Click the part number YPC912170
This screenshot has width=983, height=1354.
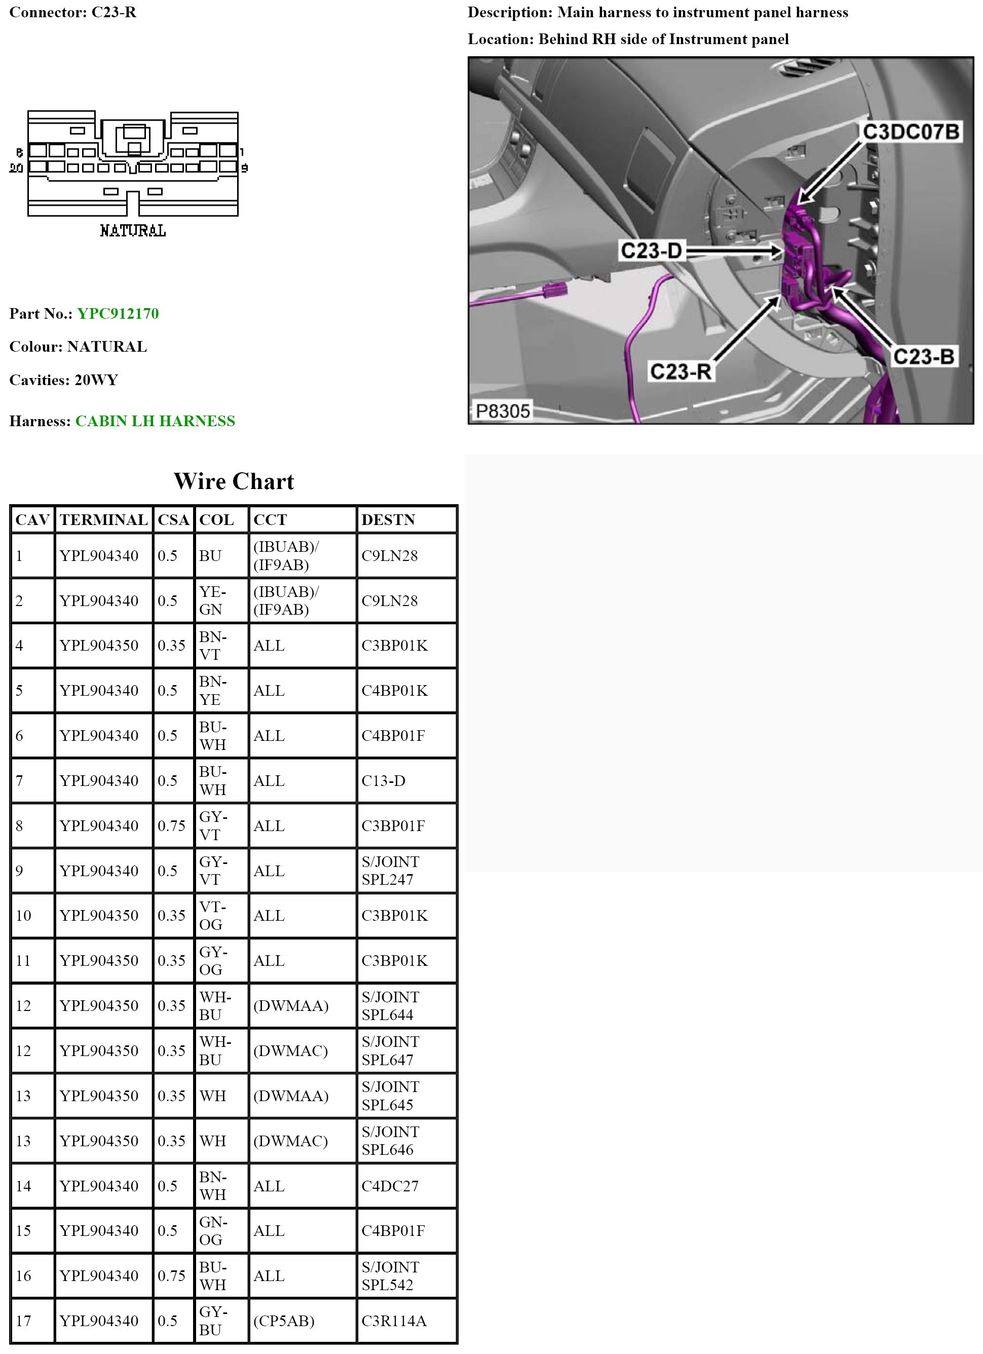click(118, 314)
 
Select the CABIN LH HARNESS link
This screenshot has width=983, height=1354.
click(155, 421)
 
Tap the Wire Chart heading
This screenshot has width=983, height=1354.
click(234, 481)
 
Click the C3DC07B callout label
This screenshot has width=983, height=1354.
click(910, 131)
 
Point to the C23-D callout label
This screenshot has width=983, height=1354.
click(651, 250)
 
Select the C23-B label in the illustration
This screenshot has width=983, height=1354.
click(923, 356)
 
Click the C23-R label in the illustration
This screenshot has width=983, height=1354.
click(680, 371)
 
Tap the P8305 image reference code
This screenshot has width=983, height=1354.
click(503, 411)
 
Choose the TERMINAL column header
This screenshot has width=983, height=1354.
click(103, 519)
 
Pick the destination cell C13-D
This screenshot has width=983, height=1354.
click(383, 780)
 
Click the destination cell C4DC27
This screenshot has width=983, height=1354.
click(390, 1186)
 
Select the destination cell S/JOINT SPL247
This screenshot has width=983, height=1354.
click(390, 871)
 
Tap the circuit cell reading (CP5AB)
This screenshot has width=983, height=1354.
click(284, 1321)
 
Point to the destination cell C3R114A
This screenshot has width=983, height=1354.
click(394, 1321)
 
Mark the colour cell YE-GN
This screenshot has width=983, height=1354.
click(212, 600)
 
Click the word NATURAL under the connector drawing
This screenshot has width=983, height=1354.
click(132, 231)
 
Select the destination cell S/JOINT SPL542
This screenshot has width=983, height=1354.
click(390, 1276)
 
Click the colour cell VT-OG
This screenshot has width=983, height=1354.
click(212, 915)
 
